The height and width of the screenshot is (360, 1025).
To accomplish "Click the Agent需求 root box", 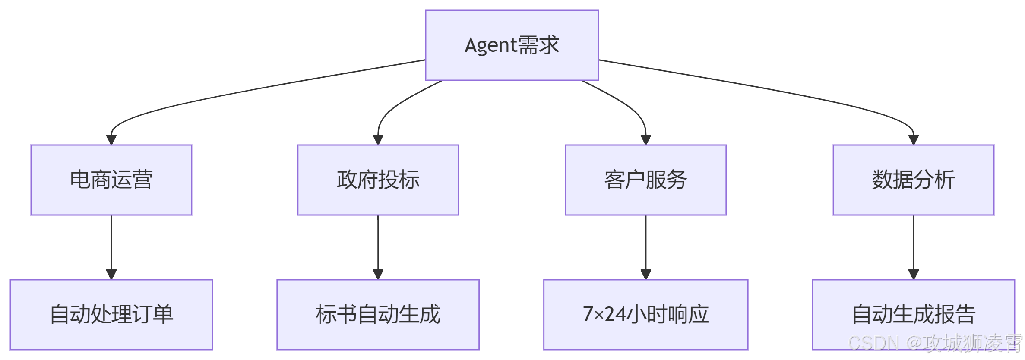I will pyautogui.click(x=512, y=45).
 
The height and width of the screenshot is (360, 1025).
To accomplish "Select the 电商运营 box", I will pyautogui.click(x=111, y=180).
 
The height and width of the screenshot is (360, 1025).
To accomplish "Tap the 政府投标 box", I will pyautogui.click(x=378, y=180).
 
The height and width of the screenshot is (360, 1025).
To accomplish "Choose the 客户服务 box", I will pyautogui.click(x=645, y=180).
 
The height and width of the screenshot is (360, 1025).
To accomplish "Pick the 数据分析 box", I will pyautogui.click(x=913, y=180).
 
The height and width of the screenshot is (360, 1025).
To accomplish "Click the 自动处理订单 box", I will pyautogui.click(x=111, y=314).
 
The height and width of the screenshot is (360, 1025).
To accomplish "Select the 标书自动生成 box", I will pyautogui.click(x=378, y=314).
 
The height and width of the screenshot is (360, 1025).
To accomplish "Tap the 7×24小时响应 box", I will pyautogui.click(x=645, y=314).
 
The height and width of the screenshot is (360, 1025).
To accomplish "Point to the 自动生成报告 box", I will pyautogui.click(x=913, y=314).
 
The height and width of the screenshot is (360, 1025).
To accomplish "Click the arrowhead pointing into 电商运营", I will pyautogui.click(x=111, y=140).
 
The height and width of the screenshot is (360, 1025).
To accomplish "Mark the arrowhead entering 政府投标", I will pyautogui.click(x=378, y=140).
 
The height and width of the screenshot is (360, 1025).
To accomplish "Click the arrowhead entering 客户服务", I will pyautogui.click(x=646, y=140).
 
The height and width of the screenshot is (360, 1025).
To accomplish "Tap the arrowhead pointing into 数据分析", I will pyautogui.click(x=914, y=140).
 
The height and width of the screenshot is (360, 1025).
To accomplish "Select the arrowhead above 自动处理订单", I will pyautogui.click(x=111, y=275).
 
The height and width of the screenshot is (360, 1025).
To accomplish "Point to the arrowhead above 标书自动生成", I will pyautogui.click(x=378, y=275).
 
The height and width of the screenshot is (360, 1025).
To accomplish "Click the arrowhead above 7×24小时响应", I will pyautogui.click(x=646, y=275).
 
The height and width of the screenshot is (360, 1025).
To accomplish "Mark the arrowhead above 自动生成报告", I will pyautogui.click(x=914, y=275).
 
